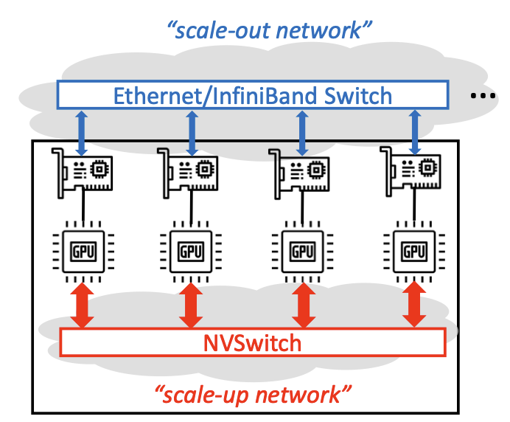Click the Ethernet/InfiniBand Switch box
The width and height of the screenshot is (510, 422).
click(x=253, y=94)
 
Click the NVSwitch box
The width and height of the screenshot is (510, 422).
click(x=252, y=342)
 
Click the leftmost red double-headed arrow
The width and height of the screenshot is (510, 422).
click(x=82, y=305)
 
